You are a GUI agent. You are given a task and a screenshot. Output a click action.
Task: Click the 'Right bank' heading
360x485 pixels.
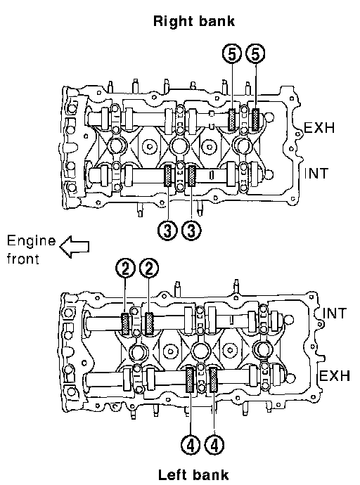coord(194,21)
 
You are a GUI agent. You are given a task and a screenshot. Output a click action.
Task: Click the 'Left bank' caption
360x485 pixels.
coord(193,474)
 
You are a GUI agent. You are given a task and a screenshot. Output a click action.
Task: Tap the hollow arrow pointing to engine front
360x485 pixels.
coord(75,247)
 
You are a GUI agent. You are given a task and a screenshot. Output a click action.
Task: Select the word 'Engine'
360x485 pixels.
coord(31,241)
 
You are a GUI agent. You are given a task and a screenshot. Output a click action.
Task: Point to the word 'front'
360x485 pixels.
coord(23,258)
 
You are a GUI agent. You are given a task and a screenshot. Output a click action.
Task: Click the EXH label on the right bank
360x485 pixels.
coord(319,127)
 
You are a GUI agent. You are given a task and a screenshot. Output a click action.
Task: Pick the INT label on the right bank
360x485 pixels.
coord(316,173)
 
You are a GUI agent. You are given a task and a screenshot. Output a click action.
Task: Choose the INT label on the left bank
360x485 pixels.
coord(335,313)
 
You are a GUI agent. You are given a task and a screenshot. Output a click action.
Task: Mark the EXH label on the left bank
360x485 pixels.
coord(334,376)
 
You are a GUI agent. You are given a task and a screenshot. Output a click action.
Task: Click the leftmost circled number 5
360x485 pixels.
coord(232,55)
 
